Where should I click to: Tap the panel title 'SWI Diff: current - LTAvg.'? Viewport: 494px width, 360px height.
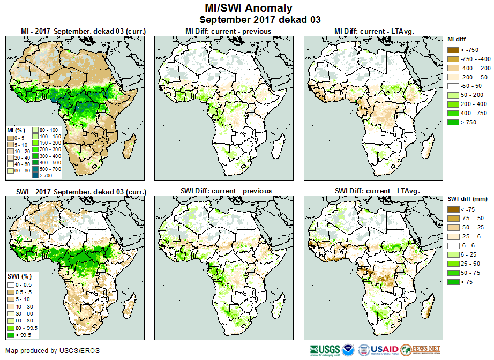tap(377, 191)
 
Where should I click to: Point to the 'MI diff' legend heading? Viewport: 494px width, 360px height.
tap(458, 39)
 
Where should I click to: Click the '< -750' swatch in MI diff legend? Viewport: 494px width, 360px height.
tap(453, 50)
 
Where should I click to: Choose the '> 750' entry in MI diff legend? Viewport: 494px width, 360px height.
tap(453, 123)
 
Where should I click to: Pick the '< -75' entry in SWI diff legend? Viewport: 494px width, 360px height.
tap(453, 209)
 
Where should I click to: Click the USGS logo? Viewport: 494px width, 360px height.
tap(324, 350)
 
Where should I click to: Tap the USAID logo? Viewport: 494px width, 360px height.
tap(385, 350)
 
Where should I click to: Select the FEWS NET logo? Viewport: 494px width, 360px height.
tap(420, 350)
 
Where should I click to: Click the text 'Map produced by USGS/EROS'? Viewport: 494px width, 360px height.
tap(53, 351)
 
